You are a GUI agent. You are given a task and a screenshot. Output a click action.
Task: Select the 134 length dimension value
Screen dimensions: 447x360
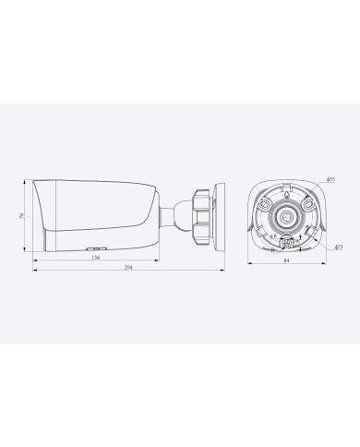(x=95, y=258)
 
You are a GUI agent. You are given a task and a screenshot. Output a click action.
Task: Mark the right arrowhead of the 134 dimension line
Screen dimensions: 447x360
(x=156, y=262)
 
